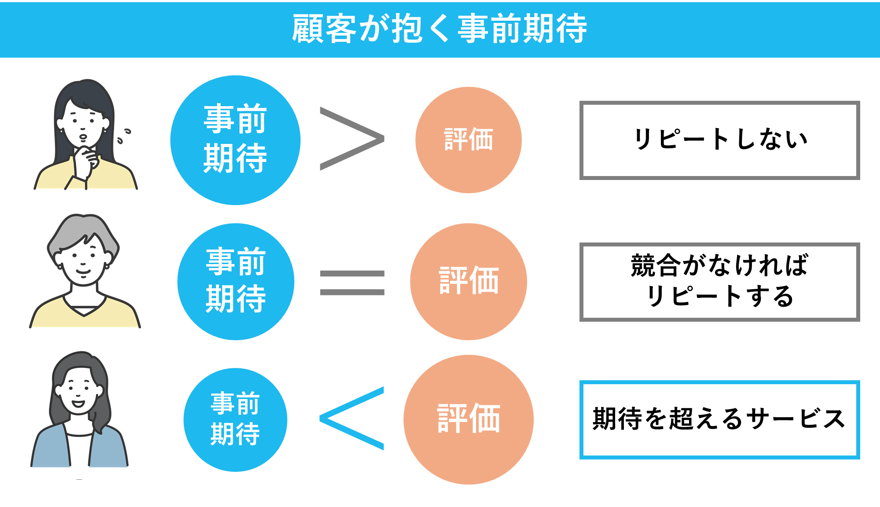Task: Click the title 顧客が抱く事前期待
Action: tap(439, 29)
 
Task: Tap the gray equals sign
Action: tap(352, 283)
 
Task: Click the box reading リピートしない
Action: tap(719, 140)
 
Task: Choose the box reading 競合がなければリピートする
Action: tap(719, 282)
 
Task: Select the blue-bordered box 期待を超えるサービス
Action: tap(719, 419)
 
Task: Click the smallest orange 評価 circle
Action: tap(468, 140)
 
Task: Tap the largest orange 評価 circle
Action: tap(468, 419)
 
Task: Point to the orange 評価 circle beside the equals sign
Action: tap(468, 282)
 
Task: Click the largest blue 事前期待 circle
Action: tap(235, 140)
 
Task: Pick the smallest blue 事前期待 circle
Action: tap(235, 419)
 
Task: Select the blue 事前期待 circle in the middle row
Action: tap(235, 282)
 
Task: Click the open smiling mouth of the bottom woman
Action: tap(78, 404)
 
